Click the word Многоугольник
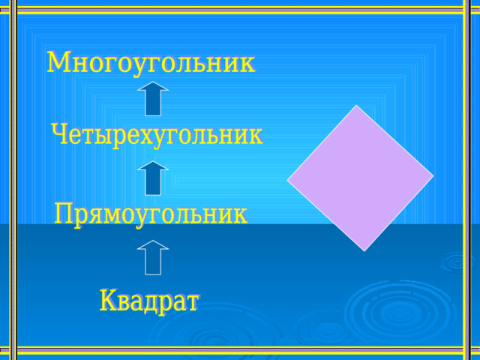(151, 63)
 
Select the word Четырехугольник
(157, 135)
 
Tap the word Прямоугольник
(151, 214)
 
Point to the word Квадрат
(149, 301)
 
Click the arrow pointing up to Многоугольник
(153, 98)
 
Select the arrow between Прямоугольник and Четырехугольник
(153, 178)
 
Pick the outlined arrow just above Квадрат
(153, 257)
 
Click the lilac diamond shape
(360, 178)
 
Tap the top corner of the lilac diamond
(356, 105)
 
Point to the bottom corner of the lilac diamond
(364, 251)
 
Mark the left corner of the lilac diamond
(287, 180)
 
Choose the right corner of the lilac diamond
(433, 176)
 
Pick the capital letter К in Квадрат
(109, 300)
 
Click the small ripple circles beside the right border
(456, 262)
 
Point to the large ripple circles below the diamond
(398, 310)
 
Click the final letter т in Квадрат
(192, 303)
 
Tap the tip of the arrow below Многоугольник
(153, 82)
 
